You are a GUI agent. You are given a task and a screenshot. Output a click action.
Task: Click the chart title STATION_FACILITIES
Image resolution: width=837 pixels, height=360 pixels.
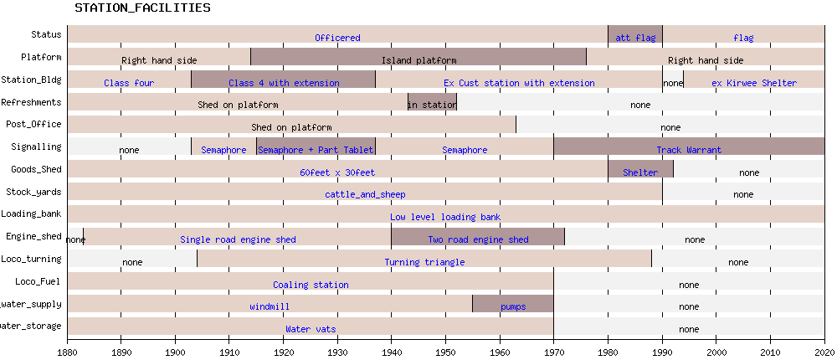tap(142, 8)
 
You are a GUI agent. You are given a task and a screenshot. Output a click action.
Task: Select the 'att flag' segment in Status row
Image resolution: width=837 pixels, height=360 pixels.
tap(634, 37)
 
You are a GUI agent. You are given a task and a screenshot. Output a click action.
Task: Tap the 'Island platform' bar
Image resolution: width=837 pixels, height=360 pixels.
tap(418, 59)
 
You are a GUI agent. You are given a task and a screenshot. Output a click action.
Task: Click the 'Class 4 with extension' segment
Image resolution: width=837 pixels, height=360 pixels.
tap(284, 82)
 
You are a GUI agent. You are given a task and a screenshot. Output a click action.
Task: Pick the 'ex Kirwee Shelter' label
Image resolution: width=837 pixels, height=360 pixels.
tap(754, 83)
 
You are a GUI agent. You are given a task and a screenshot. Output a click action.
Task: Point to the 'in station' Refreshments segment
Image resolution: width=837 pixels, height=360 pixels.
tap(432, 105)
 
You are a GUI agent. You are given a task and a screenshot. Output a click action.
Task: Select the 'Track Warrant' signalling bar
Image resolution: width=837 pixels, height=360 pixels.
tap(689, 150)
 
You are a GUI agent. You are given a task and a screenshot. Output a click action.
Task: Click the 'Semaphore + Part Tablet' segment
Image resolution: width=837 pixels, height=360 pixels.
tap(316, 150)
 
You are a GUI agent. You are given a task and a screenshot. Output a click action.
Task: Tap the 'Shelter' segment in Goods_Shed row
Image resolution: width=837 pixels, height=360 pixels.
tap(640, 172)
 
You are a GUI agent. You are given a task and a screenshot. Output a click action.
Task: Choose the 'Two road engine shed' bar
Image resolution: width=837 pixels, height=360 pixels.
tap(479, 239)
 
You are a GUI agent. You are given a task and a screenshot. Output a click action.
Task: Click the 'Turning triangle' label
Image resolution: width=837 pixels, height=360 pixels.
tap(424, 262)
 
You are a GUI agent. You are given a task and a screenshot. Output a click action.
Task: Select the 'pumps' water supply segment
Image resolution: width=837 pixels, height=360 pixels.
tap(513, 306)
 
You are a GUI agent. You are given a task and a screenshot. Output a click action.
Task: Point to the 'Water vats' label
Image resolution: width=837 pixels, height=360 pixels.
tap(311, 329)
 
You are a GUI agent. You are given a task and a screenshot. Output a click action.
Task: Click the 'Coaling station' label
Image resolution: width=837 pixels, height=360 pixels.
tap(311, 285)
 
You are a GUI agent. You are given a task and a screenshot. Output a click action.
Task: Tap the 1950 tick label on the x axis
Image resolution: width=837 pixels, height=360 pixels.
tap(445, 352)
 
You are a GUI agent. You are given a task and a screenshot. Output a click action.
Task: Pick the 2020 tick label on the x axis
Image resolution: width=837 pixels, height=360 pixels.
tap(824, 352)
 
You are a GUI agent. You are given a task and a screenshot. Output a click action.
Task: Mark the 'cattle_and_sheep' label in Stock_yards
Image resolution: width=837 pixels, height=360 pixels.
tap(365, 194)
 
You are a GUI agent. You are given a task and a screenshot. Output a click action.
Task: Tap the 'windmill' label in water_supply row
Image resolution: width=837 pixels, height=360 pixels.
tap(270, 306)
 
